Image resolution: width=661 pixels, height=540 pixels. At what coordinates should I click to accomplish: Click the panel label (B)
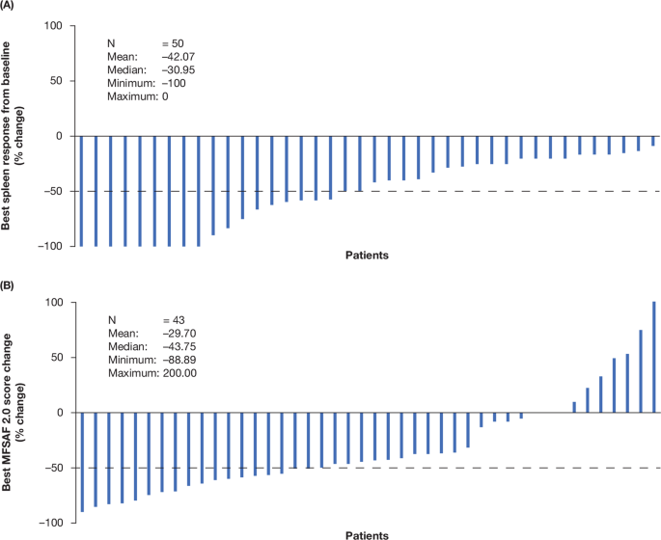click(10, 285)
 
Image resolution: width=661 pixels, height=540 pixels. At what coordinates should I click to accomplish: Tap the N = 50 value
click(179, 44)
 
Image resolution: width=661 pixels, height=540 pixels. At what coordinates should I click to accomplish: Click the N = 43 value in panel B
click(179, 320)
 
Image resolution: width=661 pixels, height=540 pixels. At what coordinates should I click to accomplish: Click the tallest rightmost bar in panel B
click(653, 357)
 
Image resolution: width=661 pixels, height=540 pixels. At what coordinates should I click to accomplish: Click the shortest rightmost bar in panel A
click(653, 141)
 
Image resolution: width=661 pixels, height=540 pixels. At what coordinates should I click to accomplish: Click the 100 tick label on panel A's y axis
click(53, 26)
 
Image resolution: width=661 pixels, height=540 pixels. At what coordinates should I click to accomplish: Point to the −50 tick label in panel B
click(51, 468)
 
